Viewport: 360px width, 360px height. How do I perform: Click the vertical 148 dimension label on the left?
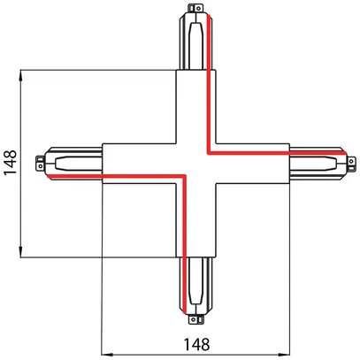click(10, 163)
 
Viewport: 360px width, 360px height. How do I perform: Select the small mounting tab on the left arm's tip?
click(38, 163)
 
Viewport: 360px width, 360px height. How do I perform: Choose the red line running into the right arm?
click(301, 150)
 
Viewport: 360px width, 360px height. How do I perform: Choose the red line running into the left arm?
click(80, 177)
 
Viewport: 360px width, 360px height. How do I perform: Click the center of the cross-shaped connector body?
click(196, 164)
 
